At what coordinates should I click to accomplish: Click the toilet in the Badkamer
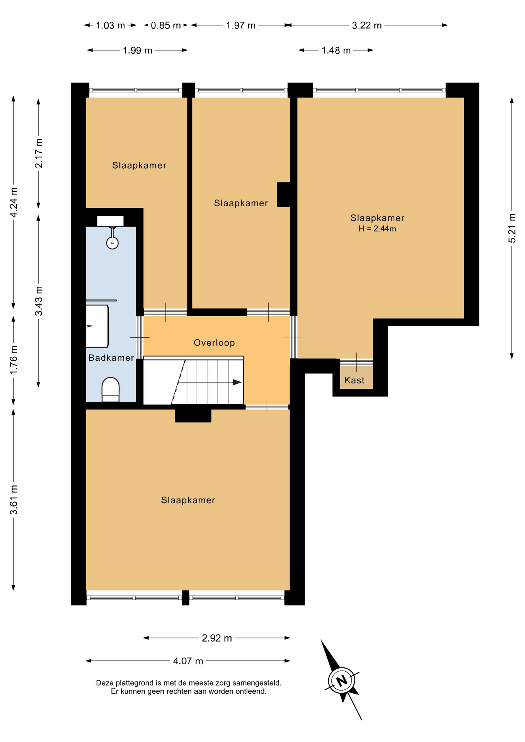(111, 390)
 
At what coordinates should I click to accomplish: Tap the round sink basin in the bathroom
(112, 243)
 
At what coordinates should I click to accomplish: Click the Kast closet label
(355, 380)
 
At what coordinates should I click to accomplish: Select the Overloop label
(214, 343)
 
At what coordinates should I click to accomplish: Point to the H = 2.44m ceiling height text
(377, 229)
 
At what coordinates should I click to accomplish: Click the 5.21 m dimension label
(512, 228)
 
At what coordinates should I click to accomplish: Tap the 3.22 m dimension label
(367, 26)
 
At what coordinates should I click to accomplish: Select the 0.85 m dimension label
(166, 26)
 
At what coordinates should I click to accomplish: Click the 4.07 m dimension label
(188, 661)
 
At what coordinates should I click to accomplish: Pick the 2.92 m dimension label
(217, 638)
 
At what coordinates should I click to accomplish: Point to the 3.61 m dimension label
(14, 500)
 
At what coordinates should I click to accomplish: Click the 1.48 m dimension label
(336, 51)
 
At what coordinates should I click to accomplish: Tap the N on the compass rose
(342, 681)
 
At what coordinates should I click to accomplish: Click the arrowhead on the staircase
(237, 382)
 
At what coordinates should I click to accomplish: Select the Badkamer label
(111, 358)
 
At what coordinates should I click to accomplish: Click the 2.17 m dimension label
(39, 153)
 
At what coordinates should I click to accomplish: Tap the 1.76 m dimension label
(14, 359)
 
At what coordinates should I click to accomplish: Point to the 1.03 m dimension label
(111, 26)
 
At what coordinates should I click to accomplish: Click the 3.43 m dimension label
(39, 301)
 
